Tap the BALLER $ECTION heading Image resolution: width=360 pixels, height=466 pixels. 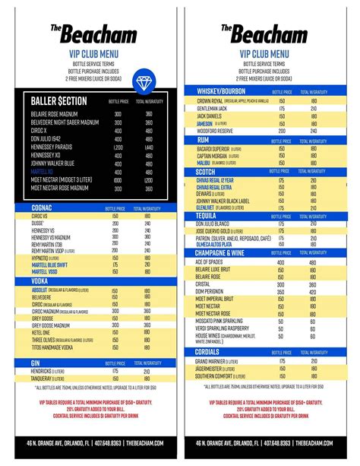58,100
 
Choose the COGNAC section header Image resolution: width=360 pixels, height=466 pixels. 44,206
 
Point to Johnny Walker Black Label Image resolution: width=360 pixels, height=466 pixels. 229,201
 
